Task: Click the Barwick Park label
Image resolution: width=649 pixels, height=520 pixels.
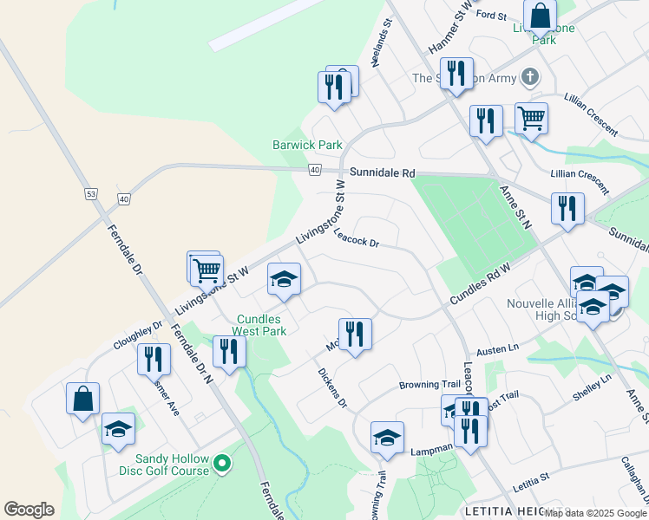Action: point(307,145)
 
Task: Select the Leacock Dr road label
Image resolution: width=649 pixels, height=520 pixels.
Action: point(357,238)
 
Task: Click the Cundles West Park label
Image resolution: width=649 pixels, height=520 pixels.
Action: point(260,325)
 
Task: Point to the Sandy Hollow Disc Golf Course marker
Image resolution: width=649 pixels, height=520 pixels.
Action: point(222,465)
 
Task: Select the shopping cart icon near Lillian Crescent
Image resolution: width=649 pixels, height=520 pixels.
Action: point(531,119)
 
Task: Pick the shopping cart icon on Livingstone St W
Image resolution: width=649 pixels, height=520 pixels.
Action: point(206,270)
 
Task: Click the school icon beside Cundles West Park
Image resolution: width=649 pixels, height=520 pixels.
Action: point(284,279)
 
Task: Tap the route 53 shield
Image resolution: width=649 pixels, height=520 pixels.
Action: point(90,193)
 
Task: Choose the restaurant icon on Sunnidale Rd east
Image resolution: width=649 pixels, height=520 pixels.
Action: point(567,208)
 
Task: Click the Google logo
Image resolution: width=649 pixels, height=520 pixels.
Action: point(29,510)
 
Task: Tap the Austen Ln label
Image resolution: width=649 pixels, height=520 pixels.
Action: point(498,347)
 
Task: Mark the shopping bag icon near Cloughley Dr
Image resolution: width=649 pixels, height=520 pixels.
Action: point(83,399)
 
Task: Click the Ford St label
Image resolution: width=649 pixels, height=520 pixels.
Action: point(491,16)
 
